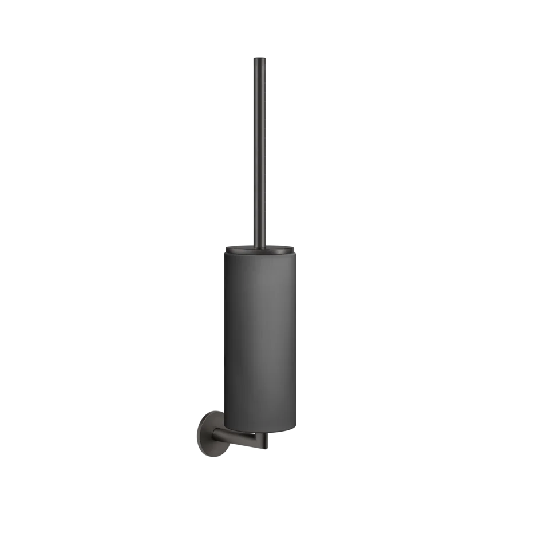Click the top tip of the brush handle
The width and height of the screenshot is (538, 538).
click(259, 56)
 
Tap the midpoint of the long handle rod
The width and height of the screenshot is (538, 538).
click(259, 150)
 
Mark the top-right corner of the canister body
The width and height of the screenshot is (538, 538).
click(297, 252)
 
